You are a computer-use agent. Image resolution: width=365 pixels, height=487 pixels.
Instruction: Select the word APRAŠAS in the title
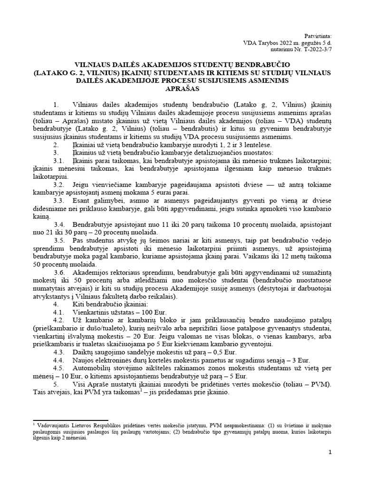[182, 88]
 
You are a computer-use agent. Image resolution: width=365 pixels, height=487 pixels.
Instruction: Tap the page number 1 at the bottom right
[330, 452]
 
